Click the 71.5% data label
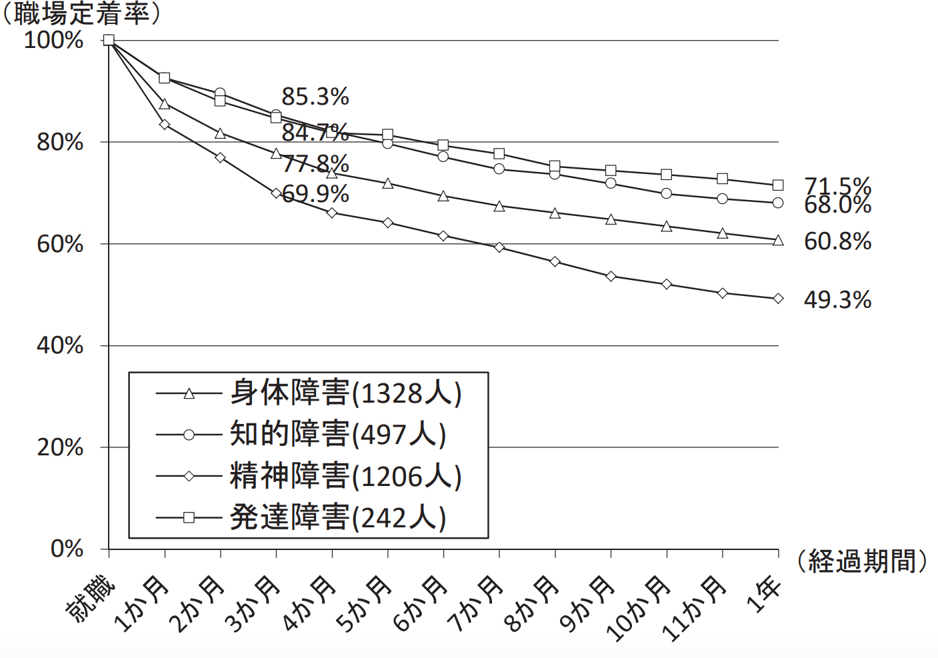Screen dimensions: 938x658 [837, 187]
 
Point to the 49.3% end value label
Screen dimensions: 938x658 [837, 300]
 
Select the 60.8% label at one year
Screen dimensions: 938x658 [837, 242]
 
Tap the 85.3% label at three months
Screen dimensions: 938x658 [315, 97]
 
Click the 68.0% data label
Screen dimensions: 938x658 [837, 205]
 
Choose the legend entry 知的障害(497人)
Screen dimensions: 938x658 [301, 435]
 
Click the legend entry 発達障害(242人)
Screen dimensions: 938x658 [301, 518]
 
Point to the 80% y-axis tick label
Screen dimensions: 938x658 [60, 143]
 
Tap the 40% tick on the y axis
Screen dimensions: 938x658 [60, 346]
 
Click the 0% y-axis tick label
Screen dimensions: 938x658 [67, 549]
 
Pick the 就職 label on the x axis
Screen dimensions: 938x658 [91, 599]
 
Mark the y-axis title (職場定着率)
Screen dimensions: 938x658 [81, 15]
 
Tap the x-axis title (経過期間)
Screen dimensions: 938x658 [862, 561]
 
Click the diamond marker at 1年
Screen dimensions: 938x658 [778, 299]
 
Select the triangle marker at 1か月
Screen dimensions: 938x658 [165, 104]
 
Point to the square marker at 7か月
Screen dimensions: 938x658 [499, 154]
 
